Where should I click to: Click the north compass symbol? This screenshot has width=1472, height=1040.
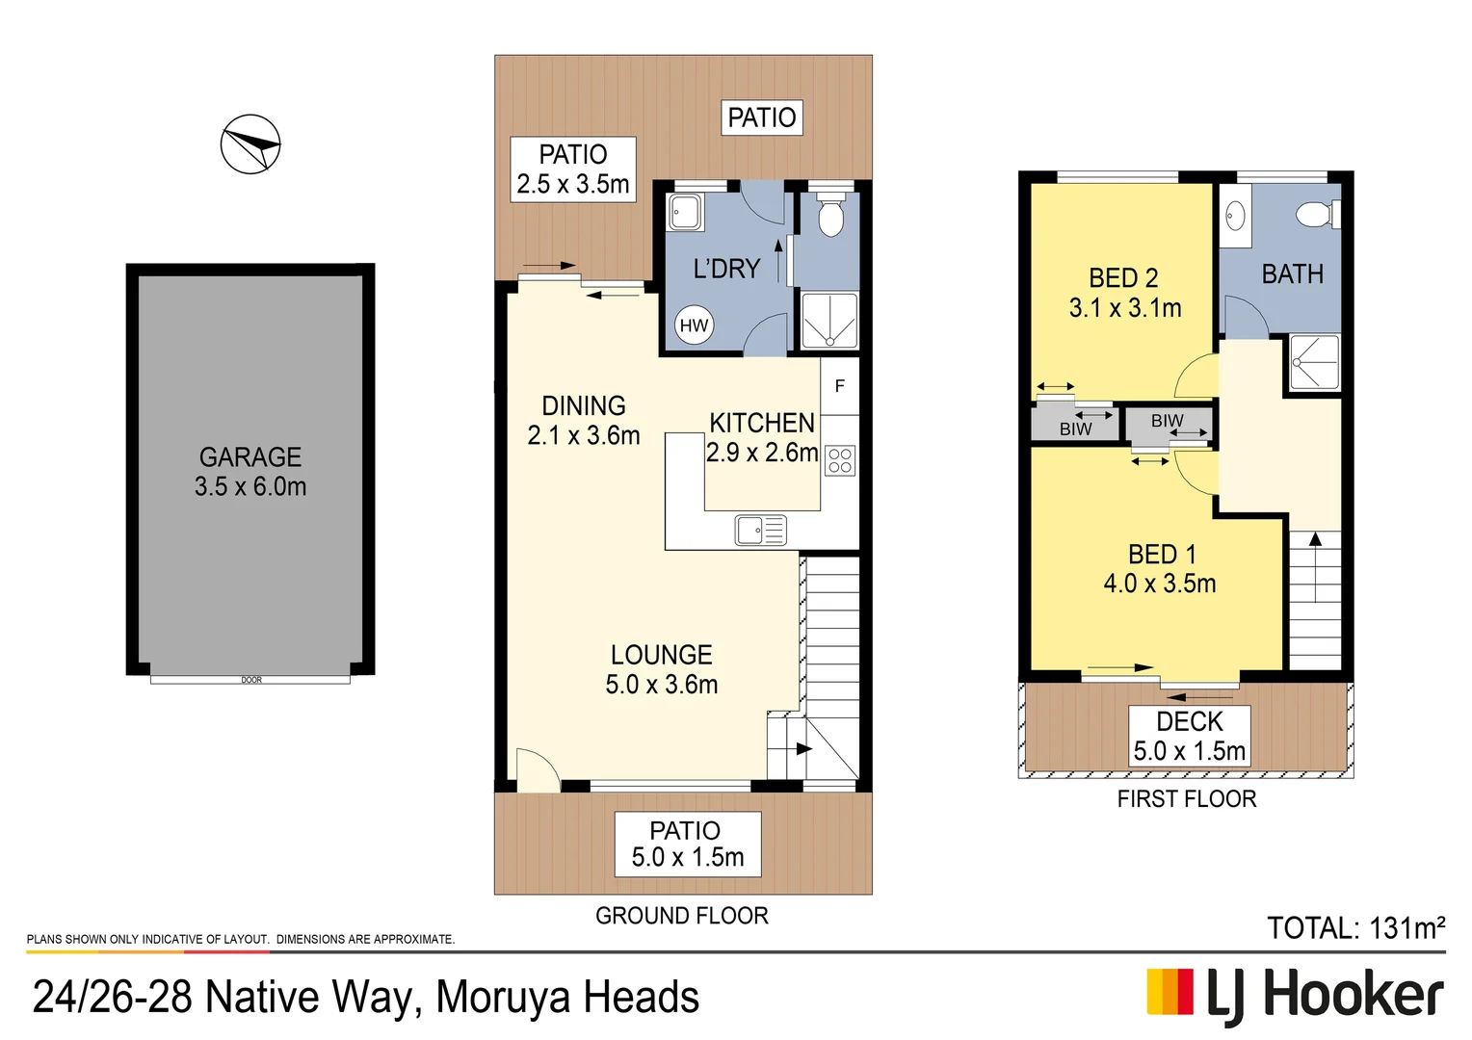[x=250, y=144]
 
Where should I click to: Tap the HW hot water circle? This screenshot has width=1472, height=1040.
[x=694, y=325]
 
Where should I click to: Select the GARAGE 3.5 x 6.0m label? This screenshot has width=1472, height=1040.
[x=250, y=472]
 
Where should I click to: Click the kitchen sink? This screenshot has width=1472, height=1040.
[x=760, y=531]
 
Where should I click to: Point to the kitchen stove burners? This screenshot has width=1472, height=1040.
[x=840, y=460]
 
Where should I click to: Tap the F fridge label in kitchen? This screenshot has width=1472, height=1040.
[x=840, y=386]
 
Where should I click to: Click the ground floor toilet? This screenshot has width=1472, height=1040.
[x=830, y=217]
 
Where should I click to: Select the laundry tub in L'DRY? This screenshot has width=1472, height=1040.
[x=686, y=212]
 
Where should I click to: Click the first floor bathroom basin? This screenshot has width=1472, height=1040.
[x=1236, y=217]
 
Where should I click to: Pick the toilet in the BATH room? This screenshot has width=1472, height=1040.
[x=1316, y=214]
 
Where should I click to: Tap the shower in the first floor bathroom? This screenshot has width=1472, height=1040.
[x=1314, y=362]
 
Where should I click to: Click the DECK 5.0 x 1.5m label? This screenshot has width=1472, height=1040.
[x=1190, y=737]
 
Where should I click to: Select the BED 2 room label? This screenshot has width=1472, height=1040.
[x=1124, y=293]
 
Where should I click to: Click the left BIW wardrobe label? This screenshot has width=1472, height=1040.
[x=1075, y=429]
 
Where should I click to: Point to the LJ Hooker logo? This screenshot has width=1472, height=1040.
[x=1295, y=995]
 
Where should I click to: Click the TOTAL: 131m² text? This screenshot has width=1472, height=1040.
[x=1355, y=928]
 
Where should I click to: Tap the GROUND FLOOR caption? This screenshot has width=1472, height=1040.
[x=682, y=916]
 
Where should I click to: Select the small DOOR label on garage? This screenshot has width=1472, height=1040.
[x=251, y=680]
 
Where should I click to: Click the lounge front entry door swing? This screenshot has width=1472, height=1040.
[x=537, y=770]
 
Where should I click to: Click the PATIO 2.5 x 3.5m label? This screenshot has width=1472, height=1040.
[x=573, y=169]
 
